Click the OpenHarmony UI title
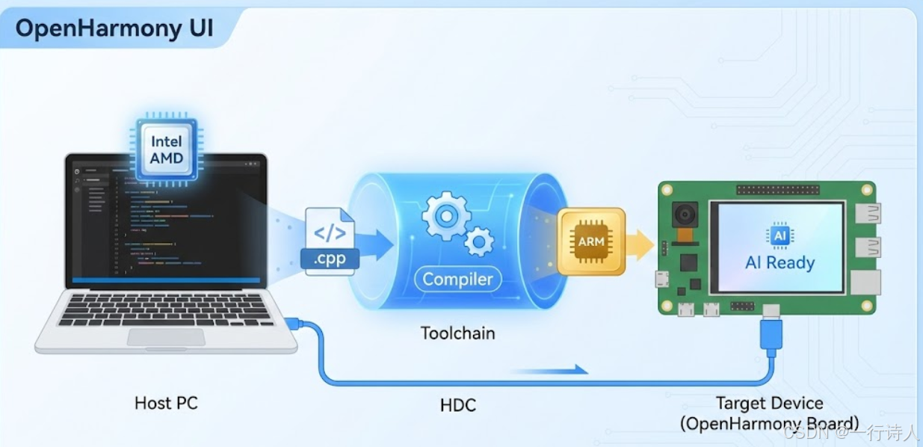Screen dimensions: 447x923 click(x=114, y=28)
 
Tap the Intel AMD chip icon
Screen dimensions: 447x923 click(x=166, y=149)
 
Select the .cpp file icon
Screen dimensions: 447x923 click(x=330, y=241)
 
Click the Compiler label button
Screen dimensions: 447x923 click(x=457, y=280)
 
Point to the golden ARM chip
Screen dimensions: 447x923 click(x=591, y=241)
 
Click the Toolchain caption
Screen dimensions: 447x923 click(x=457, y=333)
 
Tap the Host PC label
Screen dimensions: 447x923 click(x=166, y=403)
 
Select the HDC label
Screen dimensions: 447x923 click(x=457, y=406)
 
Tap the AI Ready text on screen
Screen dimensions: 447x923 click(x=780, y=262)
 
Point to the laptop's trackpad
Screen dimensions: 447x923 click(x=165, y=337)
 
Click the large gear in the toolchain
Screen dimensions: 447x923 click(x=446, y=216)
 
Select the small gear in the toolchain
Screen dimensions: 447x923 click(x=478, y=241)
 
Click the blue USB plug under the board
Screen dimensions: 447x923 click(x=770, y=335)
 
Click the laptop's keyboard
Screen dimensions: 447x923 click(x=165, y=309)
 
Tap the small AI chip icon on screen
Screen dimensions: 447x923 click(x=780, y=235)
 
